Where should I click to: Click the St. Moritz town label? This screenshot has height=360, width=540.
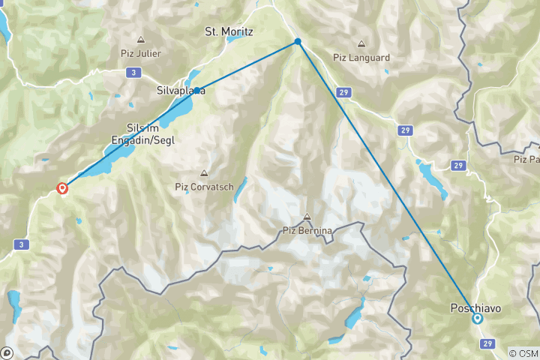229,32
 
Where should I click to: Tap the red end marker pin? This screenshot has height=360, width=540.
62,188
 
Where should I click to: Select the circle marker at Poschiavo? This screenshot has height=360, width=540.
478,319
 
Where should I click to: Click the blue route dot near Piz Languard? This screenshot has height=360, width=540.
298,41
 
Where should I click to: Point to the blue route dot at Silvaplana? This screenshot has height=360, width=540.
196,91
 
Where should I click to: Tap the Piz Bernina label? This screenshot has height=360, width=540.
307,230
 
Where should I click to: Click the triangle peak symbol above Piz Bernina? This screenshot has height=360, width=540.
307,217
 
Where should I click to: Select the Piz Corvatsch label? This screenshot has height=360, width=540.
204,187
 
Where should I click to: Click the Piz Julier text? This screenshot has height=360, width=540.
141,53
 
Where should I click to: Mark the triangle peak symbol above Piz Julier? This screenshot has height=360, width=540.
140,40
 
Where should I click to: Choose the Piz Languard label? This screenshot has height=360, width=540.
362,56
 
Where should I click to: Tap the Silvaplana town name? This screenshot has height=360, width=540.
181,91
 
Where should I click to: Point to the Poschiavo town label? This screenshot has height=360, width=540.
475,307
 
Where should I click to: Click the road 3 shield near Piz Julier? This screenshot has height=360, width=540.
133,72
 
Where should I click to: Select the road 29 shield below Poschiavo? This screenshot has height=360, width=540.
487,343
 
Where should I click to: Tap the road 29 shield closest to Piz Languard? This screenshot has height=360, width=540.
343,91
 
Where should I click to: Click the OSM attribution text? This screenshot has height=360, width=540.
523,353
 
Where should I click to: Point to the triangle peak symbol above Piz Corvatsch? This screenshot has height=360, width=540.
202,173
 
